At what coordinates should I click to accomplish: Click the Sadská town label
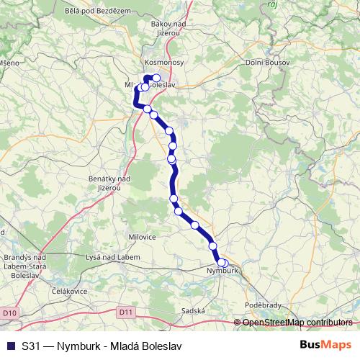pyautogui.click(x=194, y=311)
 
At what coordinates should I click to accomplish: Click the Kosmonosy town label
pyautogui.click(x=165, y=63)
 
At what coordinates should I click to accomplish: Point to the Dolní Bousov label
pyautogui.click(x=268, y=63)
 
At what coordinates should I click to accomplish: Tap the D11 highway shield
pyautogui.click(x=125, y=312)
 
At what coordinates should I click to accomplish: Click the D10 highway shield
pyautogui.click(x=9, y=313)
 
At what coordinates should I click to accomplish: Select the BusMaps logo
pyautogui.click(x=325, y=345)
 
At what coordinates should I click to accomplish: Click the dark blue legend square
pyautogui.click(x=9, y=346)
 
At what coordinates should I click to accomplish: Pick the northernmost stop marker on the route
pyautogui.click(x=156, y=78)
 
